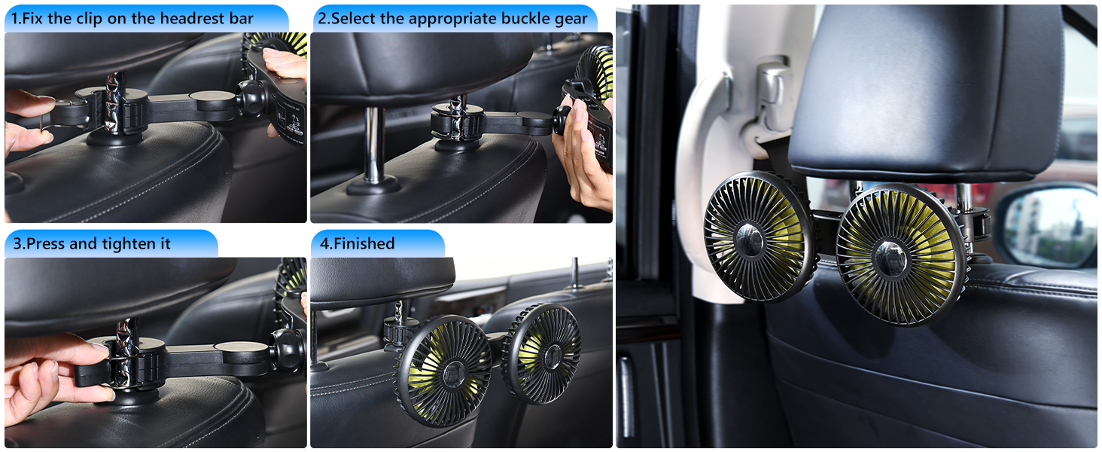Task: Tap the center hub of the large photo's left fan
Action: [x=750, y=240]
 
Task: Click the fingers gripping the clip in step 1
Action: [x=26, y=121]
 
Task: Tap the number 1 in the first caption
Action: [x=14, y=19]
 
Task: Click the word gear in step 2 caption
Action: [x=570, y=19]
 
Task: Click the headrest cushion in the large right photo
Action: [x=926, y=90]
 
